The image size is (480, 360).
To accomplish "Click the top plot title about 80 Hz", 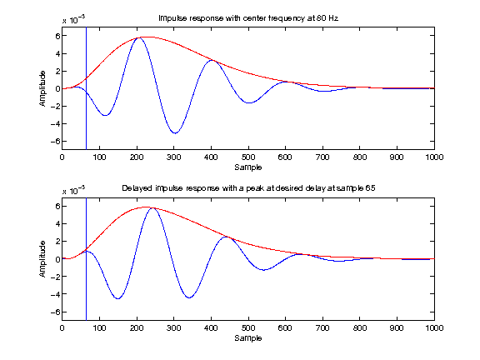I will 247,17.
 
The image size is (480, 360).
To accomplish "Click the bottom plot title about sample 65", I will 247,188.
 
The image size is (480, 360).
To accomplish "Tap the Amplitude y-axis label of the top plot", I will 42,88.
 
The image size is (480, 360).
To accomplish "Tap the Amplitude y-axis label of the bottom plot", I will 42,259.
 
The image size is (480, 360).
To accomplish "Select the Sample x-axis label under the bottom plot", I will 247,338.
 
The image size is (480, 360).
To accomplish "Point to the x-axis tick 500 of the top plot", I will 247,157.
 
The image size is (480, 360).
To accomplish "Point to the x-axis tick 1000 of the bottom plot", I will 432,328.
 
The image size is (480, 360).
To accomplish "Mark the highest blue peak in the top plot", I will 139,37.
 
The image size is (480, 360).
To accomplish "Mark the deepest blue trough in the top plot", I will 174,133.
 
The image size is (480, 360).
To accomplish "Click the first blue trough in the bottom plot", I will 117,298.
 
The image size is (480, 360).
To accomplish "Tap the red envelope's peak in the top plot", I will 143,37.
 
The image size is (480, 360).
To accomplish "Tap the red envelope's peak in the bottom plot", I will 147,207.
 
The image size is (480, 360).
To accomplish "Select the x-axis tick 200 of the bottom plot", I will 136,328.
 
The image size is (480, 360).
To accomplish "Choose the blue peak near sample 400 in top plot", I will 212,60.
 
